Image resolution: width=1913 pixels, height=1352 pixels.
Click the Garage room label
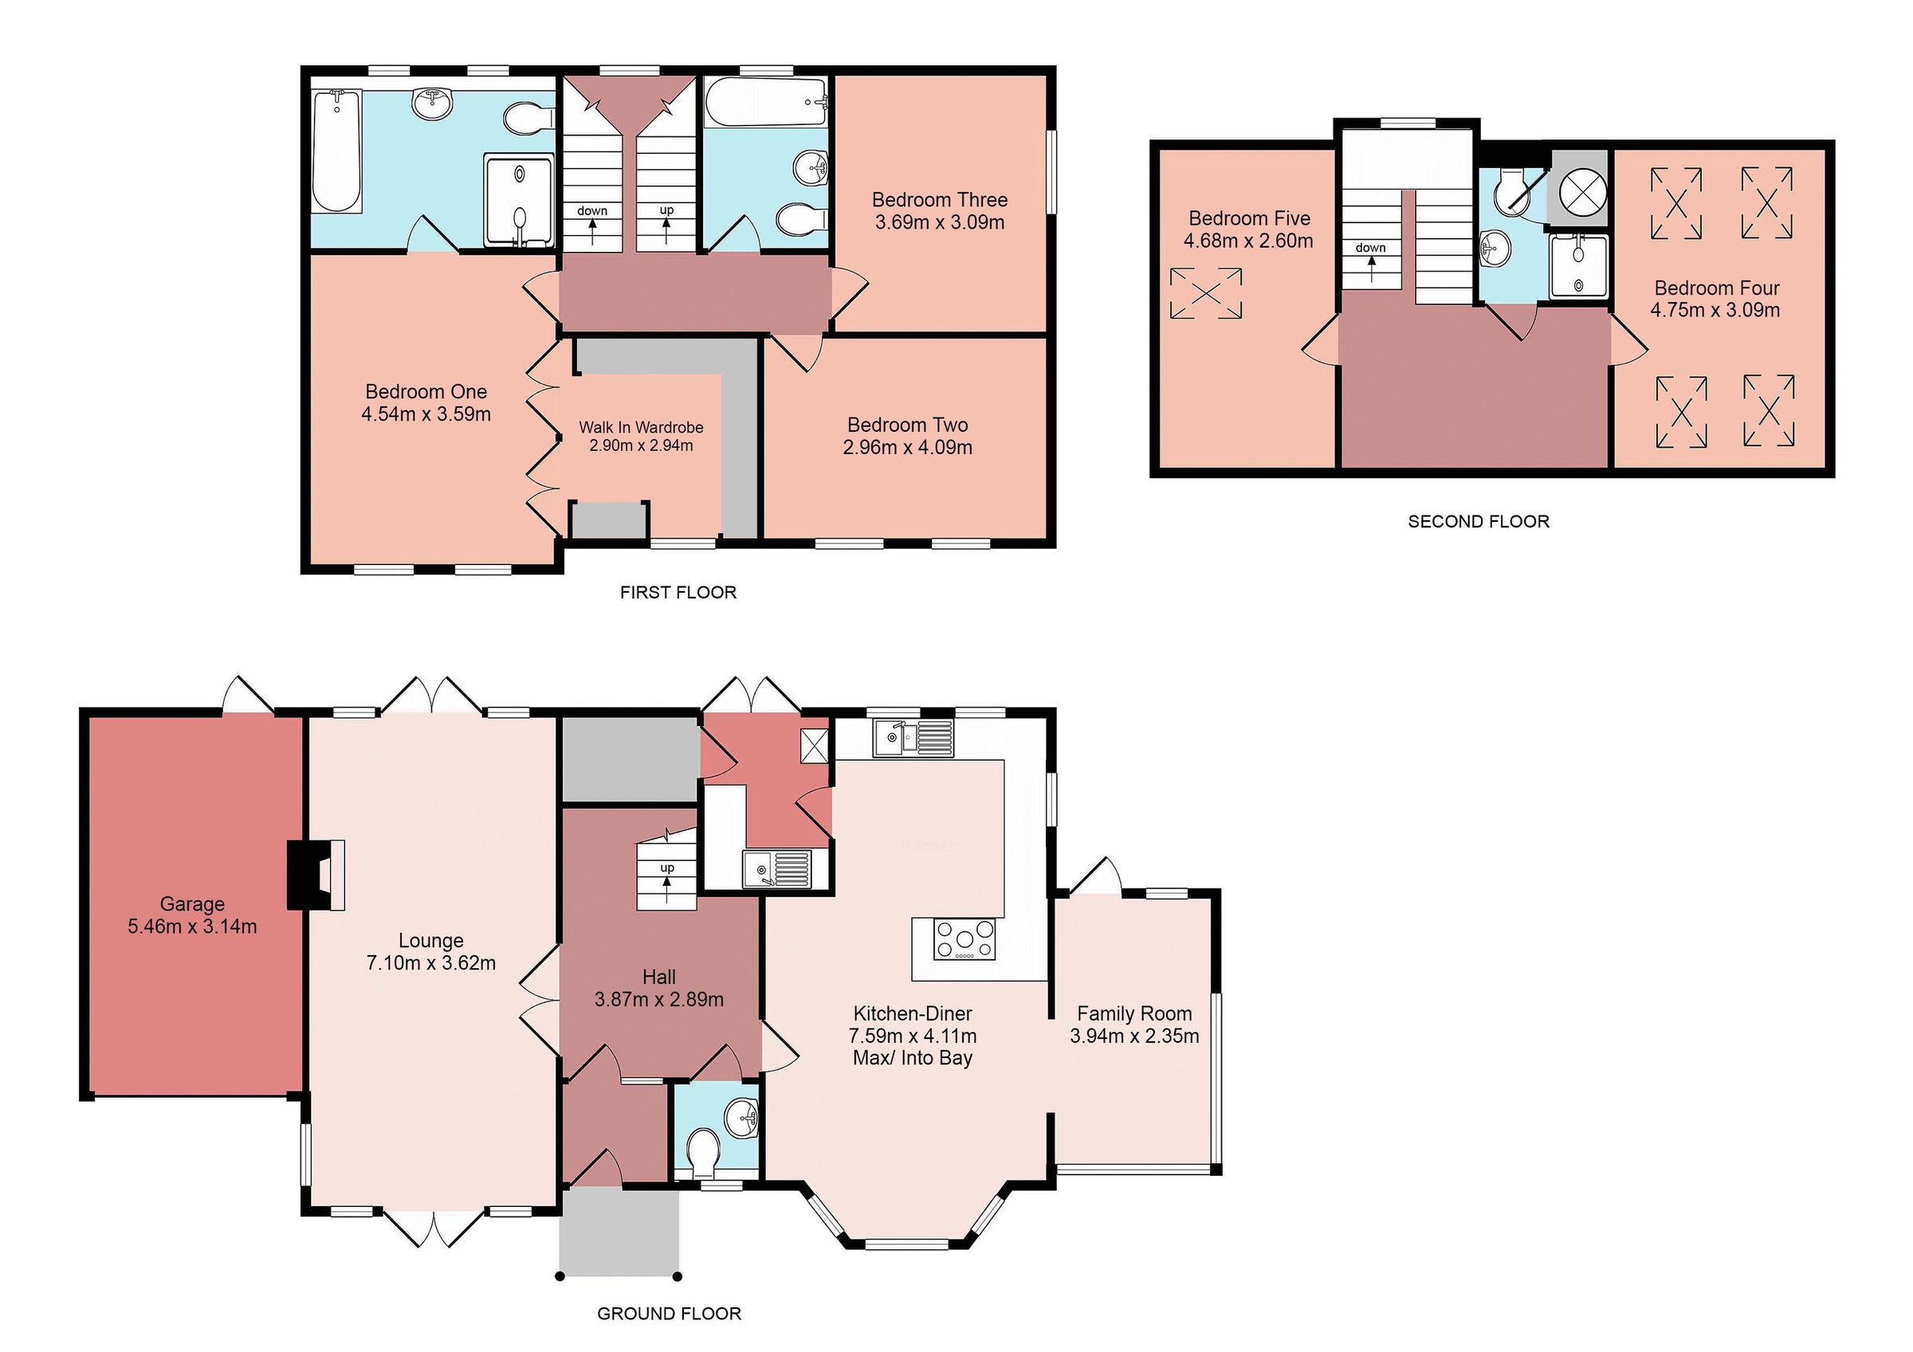click(192, 903)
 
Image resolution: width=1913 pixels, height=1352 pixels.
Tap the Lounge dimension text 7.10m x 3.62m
click(430, 963)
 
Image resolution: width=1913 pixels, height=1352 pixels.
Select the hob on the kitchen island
click(964, 939)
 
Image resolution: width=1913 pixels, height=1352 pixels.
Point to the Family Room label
click(1134, 1013)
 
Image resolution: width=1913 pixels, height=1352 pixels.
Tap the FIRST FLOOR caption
click(678, 592)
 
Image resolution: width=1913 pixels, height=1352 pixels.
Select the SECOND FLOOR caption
click(1478, 522)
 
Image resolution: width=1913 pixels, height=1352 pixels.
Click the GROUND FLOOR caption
click(668, 1314)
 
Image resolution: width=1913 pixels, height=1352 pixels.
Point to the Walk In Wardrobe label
click(641, 427)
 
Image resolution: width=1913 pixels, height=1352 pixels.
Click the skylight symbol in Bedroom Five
click(1206, 292)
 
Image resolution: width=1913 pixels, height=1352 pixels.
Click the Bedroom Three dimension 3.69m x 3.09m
click(939, 222)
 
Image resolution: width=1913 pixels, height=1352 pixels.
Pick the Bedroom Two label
click(907, 425)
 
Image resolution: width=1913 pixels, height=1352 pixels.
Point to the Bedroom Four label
click(1716, 288)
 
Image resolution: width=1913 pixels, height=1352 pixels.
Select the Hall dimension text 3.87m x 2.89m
click(658, 1000)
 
